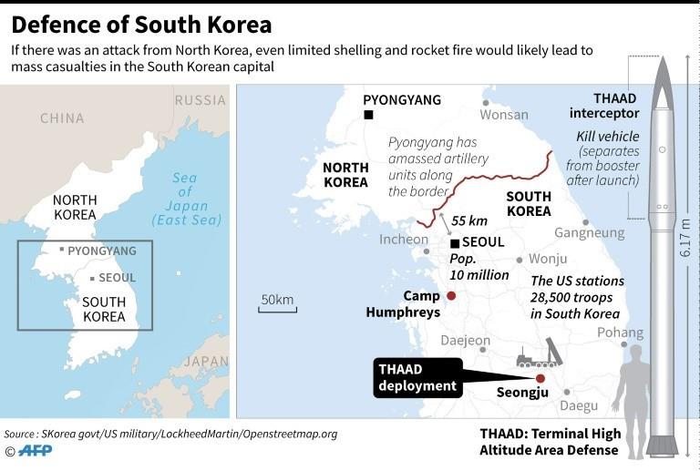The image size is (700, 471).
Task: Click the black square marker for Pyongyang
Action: pyautogui.click(x=368, y=115)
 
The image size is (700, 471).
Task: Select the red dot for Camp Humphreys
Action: pyautogui.click(x=450, y=296)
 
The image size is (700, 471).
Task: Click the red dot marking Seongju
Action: pyautogui.click(x=540, y=378)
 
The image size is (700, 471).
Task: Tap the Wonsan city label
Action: pyautogui.click(x=503, y=115)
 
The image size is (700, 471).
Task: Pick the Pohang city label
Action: pyautogui.click(x=620, y=333)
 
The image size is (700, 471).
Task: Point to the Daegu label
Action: pyautogui.click(x=579, y=405)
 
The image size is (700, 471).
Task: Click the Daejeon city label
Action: pyautogui.click(x=466, y=341)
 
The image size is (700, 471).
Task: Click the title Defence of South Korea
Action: pyautogui.click(x=141, y=22)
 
